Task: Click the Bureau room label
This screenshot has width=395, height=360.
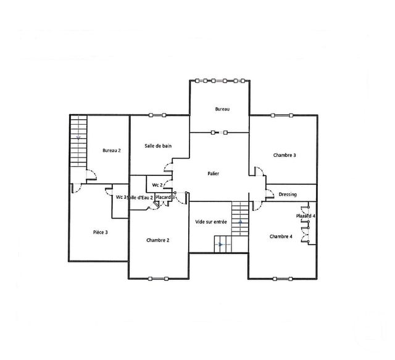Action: click(222, 109)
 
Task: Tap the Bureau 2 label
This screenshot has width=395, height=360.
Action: click(112, 150)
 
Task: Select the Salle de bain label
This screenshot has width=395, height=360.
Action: click(158, 146)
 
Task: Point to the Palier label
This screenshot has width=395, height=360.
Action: click(214, 174)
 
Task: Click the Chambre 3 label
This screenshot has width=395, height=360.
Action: click(285, 155)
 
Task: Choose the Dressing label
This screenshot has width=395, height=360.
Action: click(288, 195)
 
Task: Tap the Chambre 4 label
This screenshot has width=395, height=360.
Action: click(281, 237)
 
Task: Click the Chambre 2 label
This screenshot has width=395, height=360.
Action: click(158, 240)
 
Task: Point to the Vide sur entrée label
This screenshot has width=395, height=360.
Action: click(210, 222)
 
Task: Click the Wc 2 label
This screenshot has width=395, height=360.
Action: click(157, 185)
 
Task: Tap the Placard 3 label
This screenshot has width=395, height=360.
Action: click(166, 197)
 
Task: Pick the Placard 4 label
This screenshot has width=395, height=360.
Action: click(306, 216)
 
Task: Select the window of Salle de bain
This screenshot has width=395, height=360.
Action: click(158, 115)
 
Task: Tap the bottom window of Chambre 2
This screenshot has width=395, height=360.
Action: click(158, 278)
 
